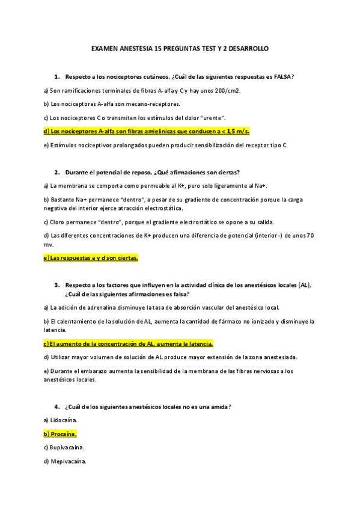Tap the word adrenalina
click(x=91, y=307)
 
